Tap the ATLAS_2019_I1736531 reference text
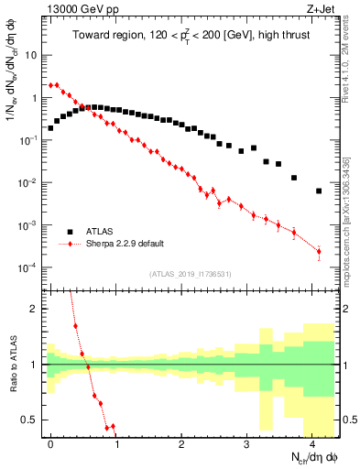tap(190, 274)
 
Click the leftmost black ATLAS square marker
tap(50, 128)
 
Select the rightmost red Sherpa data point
tap(319, 251)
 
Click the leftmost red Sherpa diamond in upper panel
tap(50, 84)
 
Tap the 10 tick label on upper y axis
tap(30, 55)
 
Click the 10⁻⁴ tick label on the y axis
tap(27, 267)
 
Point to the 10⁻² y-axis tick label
tap(27, 182)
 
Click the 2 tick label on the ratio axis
tap(34, 309)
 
